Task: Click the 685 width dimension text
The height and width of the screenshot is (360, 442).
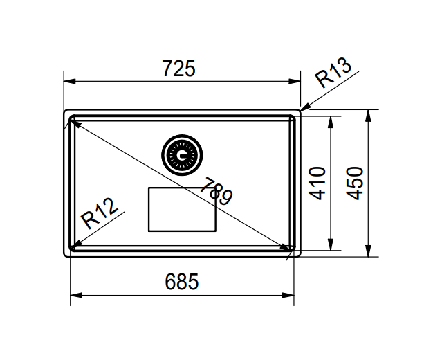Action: (182, 282)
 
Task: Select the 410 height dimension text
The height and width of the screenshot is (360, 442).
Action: (317, 183)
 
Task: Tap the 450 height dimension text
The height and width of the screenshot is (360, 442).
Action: (356, 183)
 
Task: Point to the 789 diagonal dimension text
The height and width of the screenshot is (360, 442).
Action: (216, 191)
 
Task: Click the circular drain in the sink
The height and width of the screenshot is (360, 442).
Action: (182, 155)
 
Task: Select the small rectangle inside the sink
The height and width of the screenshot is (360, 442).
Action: (182, 209)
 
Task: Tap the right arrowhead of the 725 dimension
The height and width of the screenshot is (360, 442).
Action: (297, 81)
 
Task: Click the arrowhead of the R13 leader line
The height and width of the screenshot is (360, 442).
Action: (305, 108)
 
